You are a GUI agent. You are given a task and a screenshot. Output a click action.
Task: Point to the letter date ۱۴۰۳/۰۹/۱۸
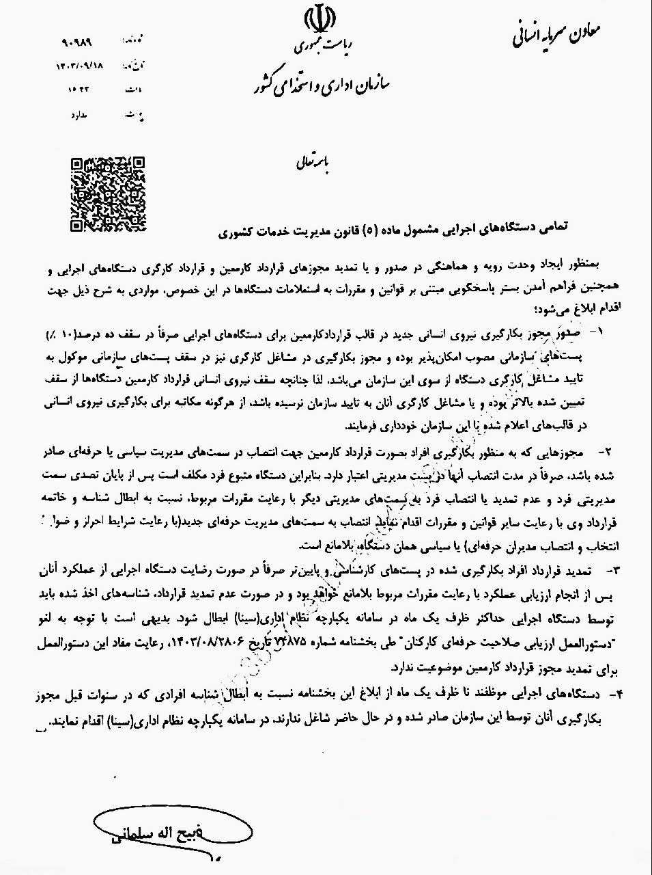81,65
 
